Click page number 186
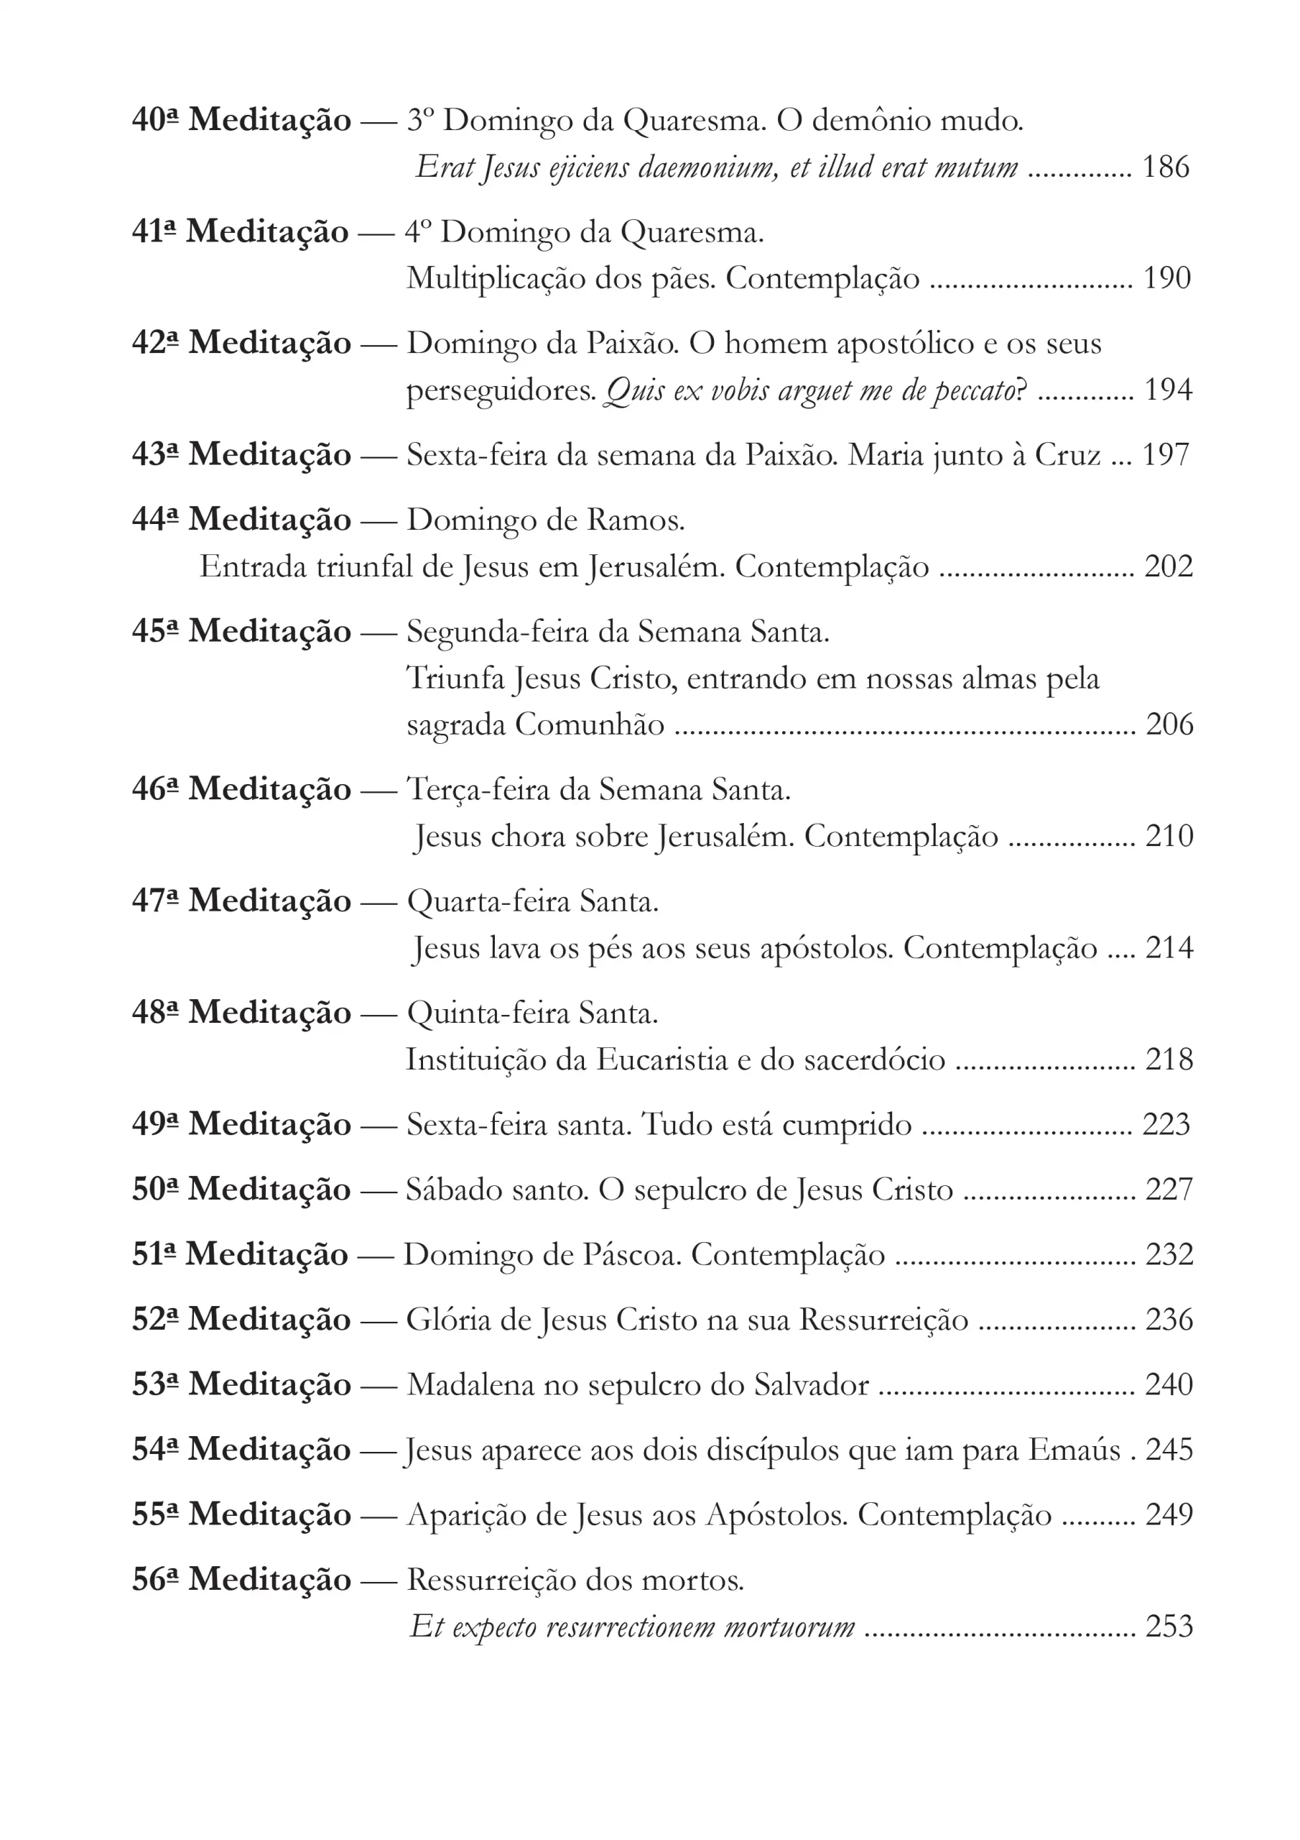coord(1166,167)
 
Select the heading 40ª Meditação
coord(241,120)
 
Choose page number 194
coord(1168,390)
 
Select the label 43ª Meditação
coord(241,454)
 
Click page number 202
coord(1168,566)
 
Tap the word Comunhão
coord(589,724)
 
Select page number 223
coord(1166,1124)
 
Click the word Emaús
coord(1074,1449)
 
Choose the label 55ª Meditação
coord(241,1514)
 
